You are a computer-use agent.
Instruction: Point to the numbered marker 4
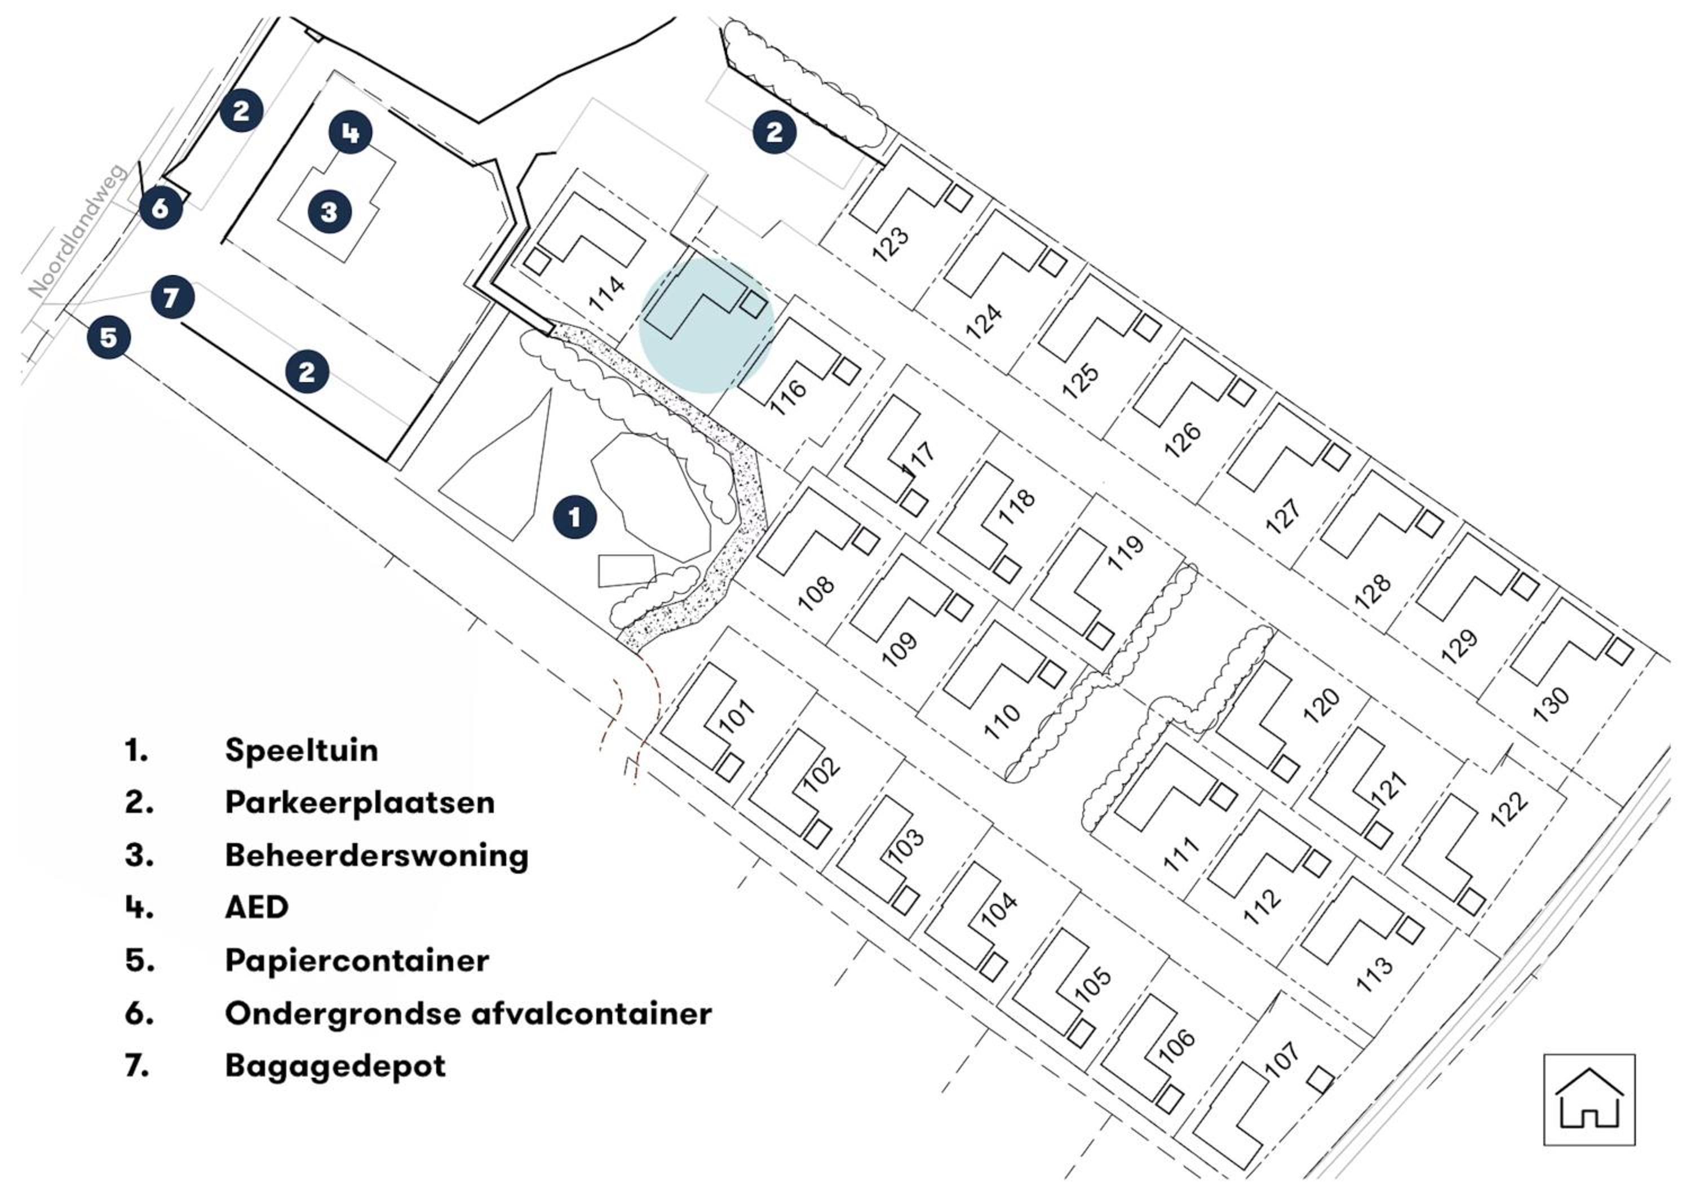tap(350, 132)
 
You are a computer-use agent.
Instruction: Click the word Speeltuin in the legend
tap(302, 750)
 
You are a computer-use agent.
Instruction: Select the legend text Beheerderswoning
tap(377, 855)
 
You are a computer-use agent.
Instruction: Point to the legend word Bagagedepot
tap(335, 1066)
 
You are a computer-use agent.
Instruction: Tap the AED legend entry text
tap(256, 907)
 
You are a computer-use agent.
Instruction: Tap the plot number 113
tap(1374, 973)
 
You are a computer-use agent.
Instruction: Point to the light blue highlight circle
tap(706, 326)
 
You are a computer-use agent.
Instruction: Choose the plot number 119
tap(1126, 552)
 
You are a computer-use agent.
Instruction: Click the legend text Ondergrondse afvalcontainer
tap(468, 1013)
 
